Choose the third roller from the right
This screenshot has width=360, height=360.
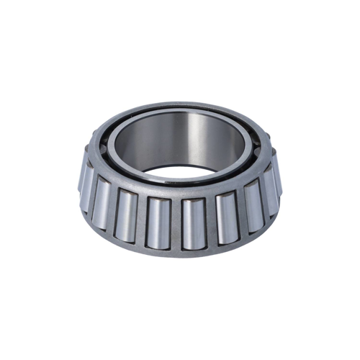click(x=228, y=215)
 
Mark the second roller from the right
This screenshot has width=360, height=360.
click(x=253, y=201)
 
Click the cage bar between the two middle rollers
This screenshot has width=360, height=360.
click(x=176, y=224)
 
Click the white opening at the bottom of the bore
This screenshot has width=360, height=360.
click(x=180, y=171)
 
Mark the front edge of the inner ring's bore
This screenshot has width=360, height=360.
click(x=180, y=180)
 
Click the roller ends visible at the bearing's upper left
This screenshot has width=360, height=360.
click(x=94, y=144)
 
